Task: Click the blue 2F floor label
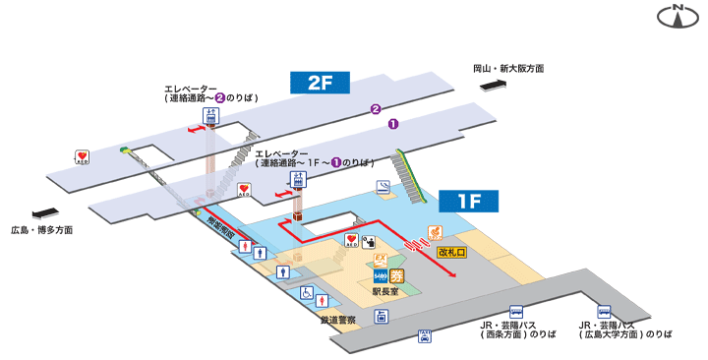(x=321, y=83)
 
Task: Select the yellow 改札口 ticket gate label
(x=452, y=253)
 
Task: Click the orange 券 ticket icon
(x=397, y=275)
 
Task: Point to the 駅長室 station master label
(x=384, y=292)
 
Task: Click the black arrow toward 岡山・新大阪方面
(x=494, y=87)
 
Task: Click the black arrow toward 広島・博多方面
(x=45, y=212)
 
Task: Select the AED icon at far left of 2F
(x=84, y=157)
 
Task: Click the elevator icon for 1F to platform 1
(x=297, y=179)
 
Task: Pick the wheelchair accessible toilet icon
(x=307, y=293)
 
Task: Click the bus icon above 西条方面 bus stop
(x=521, y=309)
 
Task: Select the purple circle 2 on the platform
(x=375, y=109)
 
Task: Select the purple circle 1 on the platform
(x=393, y=124)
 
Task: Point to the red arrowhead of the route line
(x=454, y=275)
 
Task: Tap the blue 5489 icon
(x=380, y=274)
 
